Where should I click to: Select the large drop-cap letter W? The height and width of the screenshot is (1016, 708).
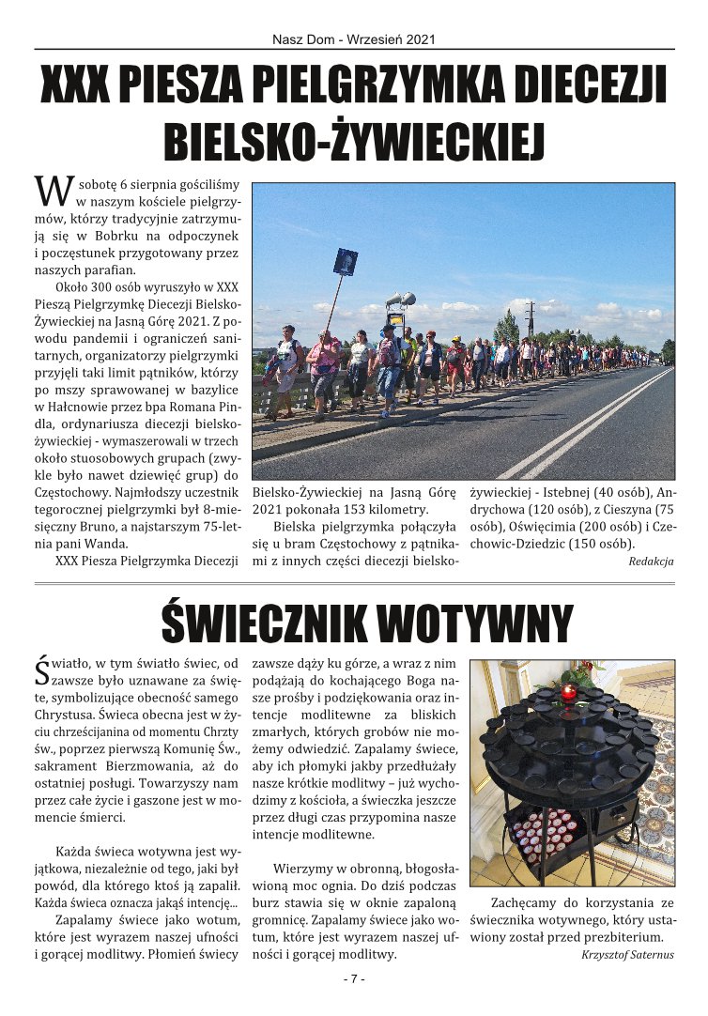pyautogui.click(x=53, y=190)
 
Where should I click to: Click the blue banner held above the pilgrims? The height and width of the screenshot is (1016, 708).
pyautogui.click(x=345, y=261)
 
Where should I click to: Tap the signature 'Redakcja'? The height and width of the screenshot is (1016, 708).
pyautogui.click(x=651, y=561)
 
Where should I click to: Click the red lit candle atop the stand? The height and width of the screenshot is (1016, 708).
pyautogui.click(x=567, y=693)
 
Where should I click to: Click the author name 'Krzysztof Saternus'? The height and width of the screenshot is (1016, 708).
pyautogui.click(x=627, y=954)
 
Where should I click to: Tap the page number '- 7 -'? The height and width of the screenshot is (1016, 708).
pyautogui.click(x=354, y=979)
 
